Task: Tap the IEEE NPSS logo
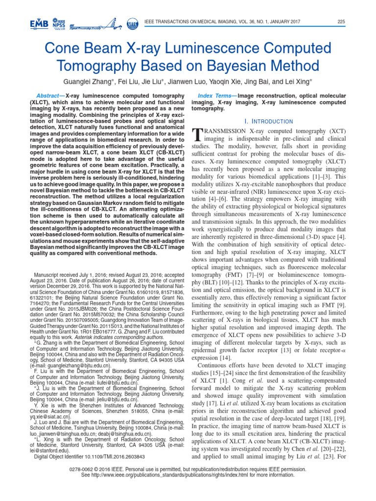point(59,23)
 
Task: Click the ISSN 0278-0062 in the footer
point(98,468)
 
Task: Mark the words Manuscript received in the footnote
point(55,275)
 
